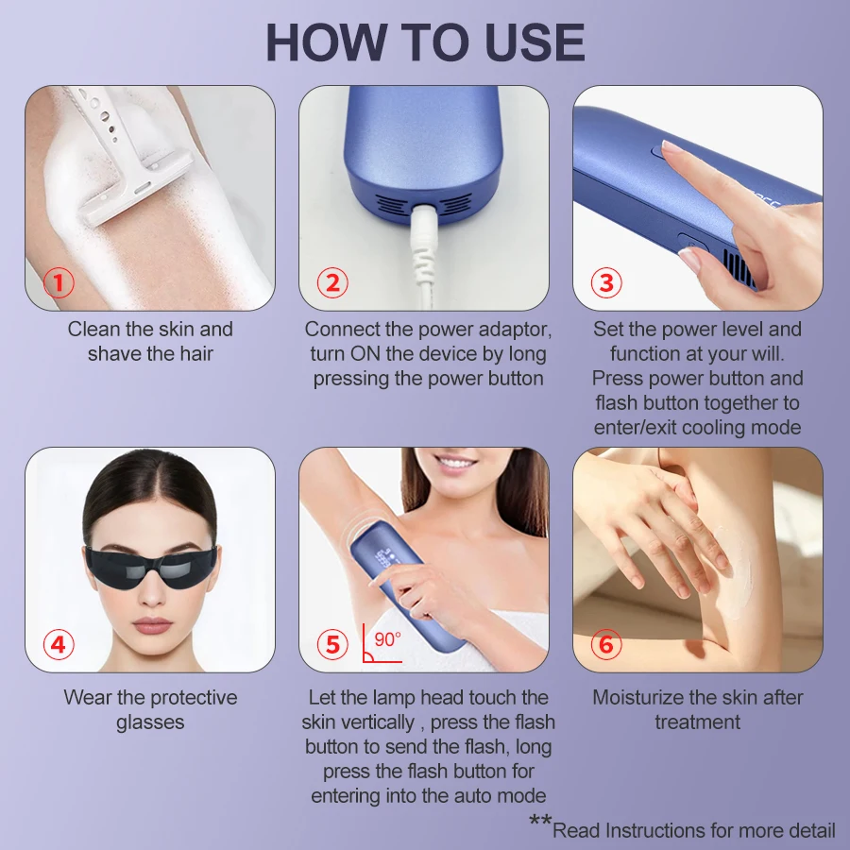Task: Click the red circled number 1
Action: click(x=59, y=282)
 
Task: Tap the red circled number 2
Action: click(x=332, y=282)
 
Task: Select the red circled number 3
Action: click(x=606, y=282)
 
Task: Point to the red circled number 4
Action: click(x=59, y=644)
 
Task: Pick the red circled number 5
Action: click(x=332, y=644)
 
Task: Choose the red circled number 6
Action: click(x=606, y=644)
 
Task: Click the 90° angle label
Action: click(x=387, y=639)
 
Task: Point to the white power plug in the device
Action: click(x=421, y=239)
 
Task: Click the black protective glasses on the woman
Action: click(x=152, y=568)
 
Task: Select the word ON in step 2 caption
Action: click(x=364, y=354)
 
